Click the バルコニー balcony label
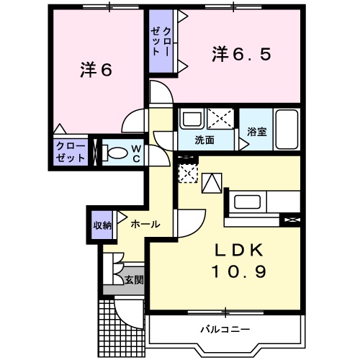click(x=225, y=329)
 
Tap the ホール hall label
click(x=145, y=225)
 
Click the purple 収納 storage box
click(x=101, y=225)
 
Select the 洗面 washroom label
click(x=205, y=140)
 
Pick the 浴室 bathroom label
click(x=256, y=132)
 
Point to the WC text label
click(x=135, y=153)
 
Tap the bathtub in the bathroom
click(x=287, y=130)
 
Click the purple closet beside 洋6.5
click(x=163, y=42)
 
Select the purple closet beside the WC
click(x=71, y=152)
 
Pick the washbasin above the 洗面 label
click(x=192, y=118)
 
